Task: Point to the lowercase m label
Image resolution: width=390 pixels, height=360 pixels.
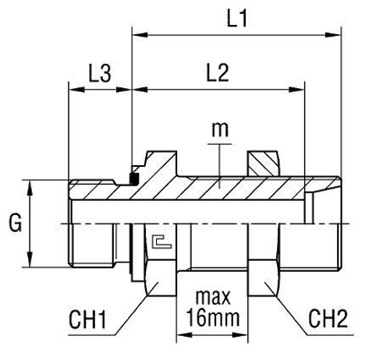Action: [222, 129]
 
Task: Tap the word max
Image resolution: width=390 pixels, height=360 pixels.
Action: [214, 299]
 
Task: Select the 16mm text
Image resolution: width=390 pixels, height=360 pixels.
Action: [214, 319]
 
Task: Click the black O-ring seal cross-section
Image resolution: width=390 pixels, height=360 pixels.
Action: [133, 180]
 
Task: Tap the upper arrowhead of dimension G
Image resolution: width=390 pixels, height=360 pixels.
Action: [31, 185]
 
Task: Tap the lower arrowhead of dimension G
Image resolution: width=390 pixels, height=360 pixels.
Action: [31, 263]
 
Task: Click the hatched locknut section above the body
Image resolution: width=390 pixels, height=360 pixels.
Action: [262, 163]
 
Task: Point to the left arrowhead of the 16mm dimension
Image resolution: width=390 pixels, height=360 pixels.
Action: [183, 337]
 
